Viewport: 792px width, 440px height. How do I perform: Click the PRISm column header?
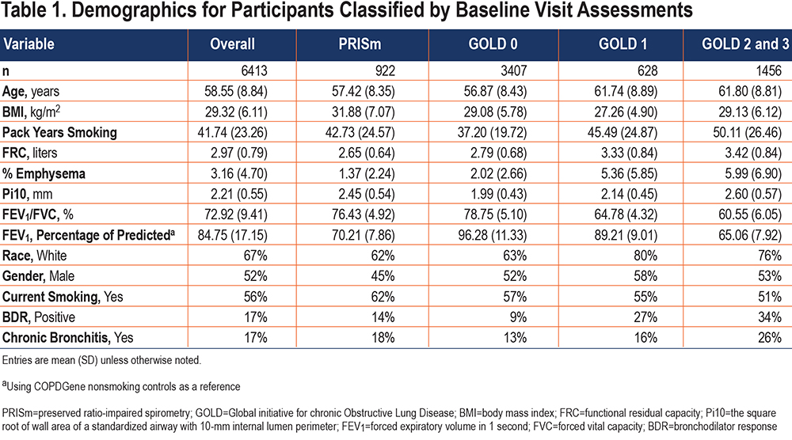pos(360,44)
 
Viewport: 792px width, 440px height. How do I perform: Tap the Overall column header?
pos(232,44)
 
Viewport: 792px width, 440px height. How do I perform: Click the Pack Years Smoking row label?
pos(59,132)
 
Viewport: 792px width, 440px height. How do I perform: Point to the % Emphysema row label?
pos(44,173)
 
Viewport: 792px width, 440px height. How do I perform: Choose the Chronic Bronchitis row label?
pos(67,337)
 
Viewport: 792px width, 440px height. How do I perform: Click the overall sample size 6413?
pos(254,70)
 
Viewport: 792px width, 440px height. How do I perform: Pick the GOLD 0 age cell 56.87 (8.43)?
pos(495,91)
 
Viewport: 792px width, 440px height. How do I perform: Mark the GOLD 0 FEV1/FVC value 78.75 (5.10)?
pos(495,214)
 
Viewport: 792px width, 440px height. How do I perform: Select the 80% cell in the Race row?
pos(645,256)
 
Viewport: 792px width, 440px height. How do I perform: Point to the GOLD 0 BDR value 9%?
pos(518,317)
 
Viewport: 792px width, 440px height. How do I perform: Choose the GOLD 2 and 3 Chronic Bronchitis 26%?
pos(770,337)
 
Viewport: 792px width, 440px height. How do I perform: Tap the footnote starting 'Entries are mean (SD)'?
pos(101,360)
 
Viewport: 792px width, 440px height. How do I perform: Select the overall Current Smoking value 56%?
pos(256,296)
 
